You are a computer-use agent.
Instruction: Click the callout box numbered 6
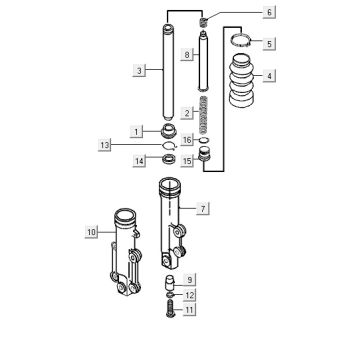(269, 12)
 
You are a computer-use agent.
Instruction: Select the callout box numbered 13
(104, 145)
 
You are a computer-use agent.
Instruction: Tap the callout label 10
(91, 231)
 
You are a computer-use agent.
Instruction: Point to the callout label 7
(203, 209)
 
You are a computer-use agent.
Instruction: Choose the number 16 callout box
(187, 140)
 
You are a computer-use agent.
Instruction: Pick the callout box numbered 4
(269, 76)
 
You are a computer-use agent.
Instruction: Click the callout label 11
(189, 310)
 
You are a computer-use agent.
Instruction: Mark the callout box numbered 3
(139, 71)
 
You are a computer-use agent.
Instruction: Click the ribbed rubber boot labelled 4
(242, 80)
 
